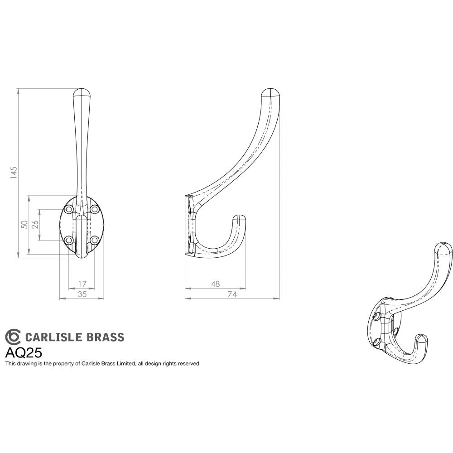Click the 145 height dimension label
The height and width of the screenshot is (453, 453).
14,172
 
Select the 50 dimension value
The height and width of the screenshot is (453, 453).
24,225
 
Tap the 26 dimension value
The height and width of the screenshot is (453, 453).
35,225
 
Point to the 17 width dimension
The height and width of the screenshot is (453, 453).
82,284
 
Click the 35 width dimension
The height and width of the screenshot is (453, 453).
82,294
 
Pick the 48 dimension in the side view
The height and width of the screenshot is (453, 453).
216,284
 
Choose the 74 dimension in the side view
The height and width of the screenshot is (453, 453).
232,294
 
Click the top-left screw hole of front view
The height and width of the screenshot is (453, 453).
69,209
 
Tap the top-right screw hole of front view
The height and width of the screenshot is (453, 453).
94,209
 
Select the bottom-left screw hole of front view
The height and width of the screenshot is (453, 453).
69,240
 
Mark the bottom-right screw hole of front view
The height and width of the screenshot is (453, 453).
94,240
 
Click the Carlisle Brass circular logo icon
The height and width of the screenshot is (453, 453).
13,337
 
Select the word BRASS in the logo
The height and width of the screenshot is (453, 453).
105,337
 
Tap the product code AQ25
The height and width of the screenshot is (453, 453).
24,352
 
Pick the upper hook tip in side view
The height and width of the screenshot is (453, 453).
271,93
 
